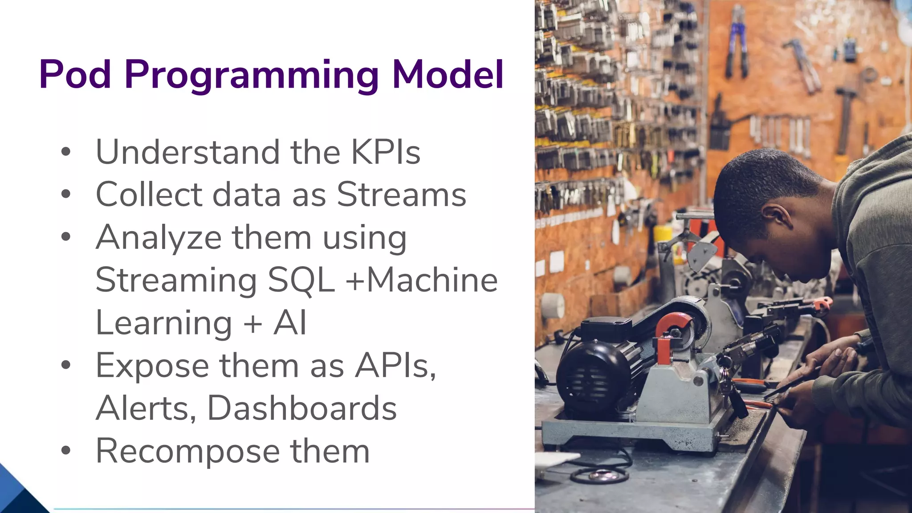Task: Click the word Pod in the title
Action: click(75, 74)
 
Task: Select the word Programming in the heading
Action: click(252, 76)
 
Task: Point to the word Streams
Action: click(401, 195)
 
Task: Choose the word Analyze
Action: click(159, 237)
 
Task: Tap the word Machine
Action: click(432, 280)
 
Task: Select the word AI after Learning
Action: click(290, 323)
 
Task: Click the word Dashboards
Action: click(302, 408)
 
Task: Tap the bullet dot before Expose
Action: click(66, 366)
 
